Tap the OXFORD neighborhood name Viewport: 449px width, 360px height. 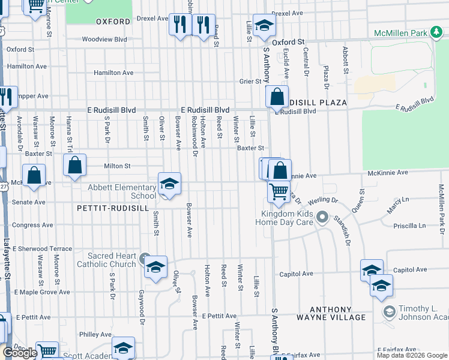113,22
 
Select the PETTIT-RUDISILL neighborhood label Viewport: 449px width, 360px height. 112,208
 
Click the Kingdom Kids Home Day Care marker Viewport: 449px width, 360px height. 322,217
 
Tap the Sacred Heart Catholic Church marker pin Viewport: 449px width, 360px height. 144,259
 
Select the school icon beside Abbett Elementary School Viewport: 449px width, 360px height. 169,184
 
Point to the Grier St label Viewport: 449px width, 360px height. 251,81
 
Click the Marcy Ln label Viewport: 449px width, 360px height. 397,199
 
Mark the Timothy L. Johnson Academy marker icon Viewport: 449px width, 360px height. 389,311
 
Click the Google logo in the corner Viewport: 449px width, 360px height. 20,353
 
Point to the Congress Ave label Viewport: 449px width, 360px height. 34,226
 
